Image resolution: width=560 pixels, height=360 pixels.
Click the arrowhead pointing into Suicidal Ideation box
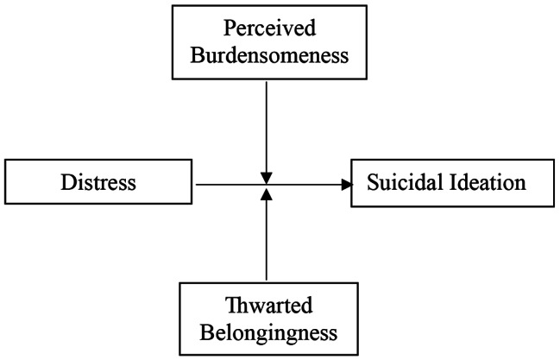coord(347,184)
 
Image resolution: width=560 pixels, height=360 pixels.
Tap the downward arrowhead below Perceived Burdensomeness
coord(268,176)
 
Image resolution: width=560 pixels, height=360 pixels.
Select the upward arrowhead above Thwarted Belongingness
coord(268,193)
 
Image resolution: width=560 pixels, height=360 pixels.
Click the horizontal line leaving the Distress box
coord(229,184)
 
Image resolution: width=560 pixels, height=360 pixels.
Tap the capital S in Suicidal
coord(373,184)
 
